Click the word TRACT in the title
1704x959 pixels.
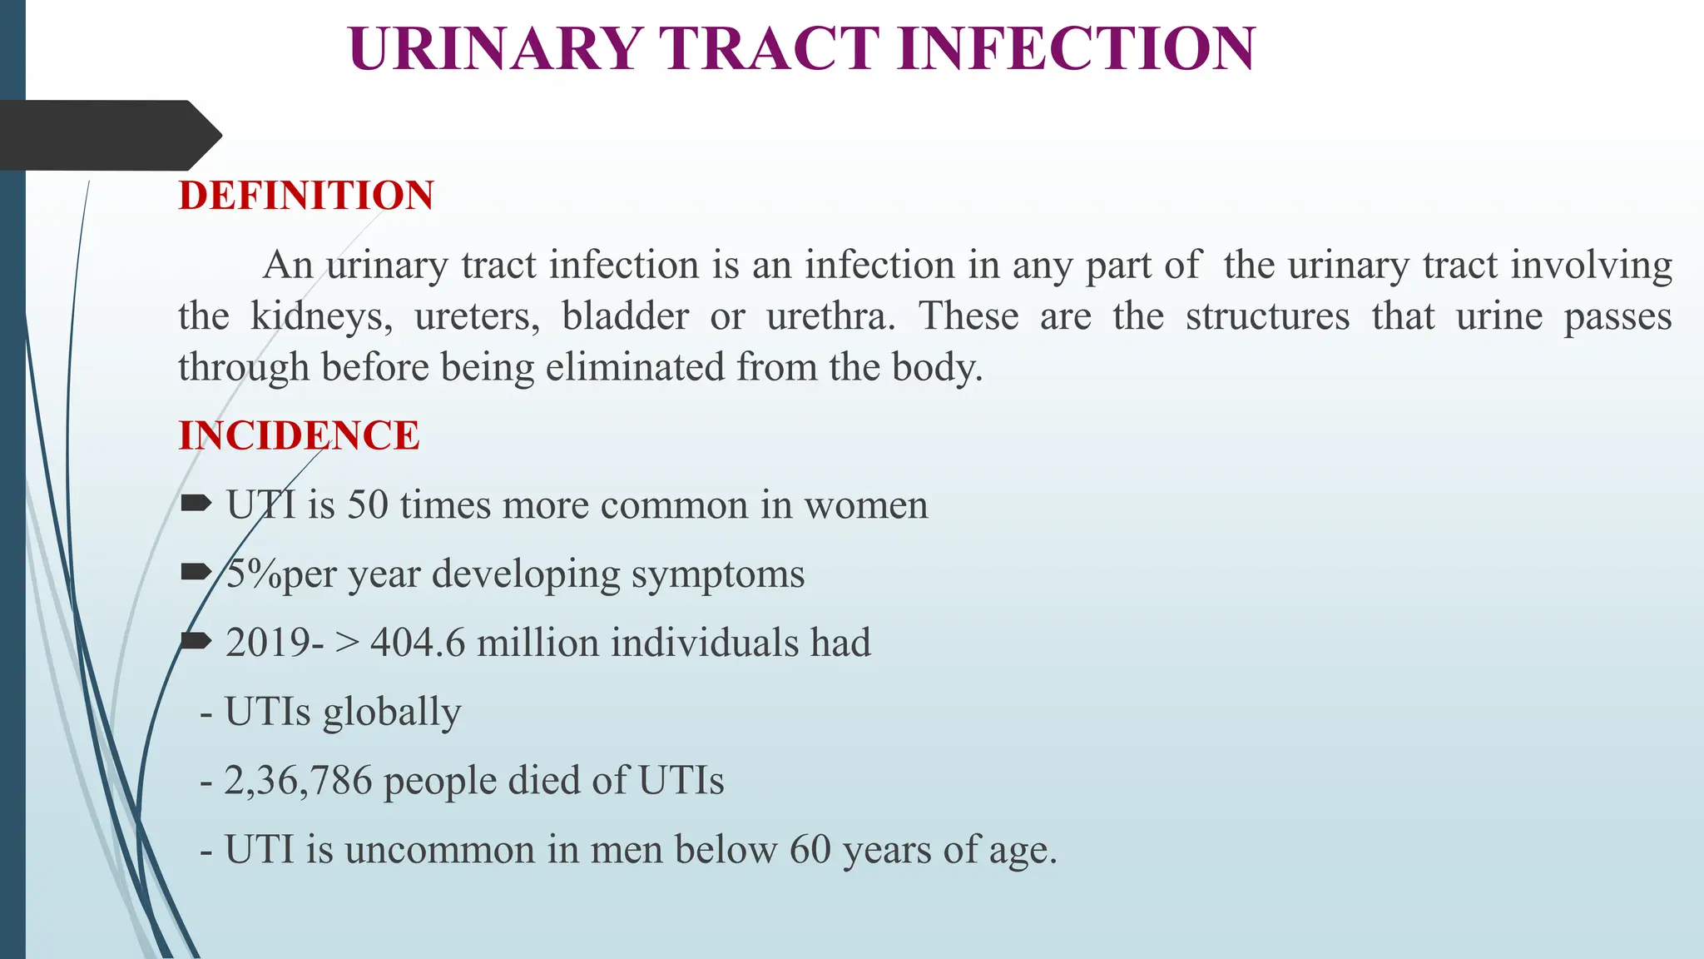click(770, 48)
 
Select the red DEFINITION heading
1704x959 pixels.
click(306, 196)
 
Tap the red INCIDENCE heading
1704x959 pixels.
click(299, 435)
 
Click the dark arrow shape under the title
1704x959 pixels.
click(108, 135)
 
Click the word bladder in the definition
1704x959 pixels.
click(625, 316)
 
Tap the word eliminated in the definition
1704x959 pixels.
click(635, 367)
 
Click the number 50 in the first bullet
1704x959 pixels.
click(368, 505)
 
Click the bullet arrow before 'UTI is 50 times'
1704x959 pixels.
click(196, 503)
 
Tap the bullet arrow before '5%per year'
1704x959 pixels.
click(196, 571)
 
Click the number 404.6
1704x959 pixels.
click(418, 643)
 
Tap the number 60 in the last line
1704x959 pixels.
click(810, 850)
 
